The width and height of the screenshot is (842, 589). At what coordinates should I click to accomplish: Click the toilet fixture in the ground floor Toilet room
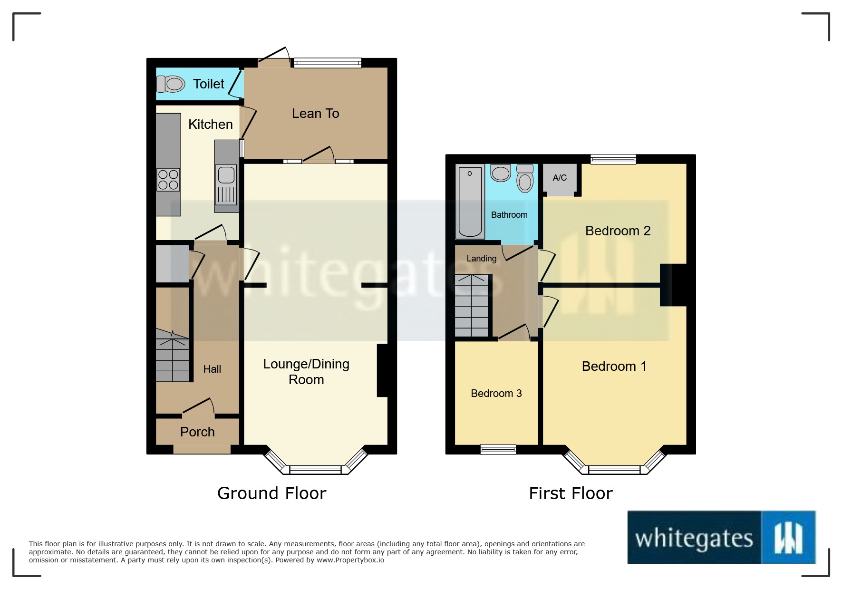[170, 85]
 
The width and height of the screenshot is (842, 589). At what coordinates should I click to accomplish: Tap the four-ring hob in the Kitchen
[168, 180]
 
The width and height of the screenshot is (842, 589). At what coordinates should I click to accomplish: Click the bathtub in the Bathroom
[470, 202]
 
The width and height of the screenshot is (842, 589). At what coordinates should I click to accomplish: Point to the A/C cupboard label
[560, 178]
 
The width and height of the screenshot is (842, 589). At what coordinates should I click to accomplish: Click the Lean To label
[315, 114]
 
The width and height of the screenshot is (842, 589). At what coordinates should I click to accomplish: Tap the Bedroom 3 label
[496, 394]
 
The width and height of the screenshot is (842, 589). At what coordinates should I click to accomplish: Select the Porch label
[197, 432]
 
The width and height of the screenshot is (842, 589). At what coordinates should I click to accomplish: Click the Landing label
[481, 259]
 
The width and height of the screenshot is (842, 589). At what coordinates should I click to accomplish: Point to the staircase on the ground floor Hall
[172, 357]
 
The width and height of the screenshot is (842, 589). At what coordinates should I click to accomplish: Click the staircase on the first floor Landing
[472, 306]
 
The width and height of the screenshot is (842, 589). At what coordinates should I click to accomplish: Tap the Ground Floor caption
[271, 493]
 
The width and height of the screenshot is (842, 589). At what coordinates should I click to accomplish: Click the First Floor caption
[571, 493]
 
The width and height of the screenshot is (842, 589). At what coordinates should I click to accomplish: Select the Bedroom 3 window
[498, 449]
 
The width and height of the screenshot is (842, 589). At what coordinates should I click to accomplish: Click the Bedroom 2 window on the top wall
[613, 159]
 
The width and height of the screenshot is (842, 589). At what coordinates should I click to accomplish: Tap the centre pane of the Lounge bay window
[315, 470]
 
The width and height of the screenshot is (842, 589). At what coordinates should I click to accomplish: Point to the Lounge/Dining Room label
[306, 372]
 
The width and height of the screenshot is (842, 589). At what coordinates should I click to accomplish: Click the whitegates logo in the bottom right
[721, 537]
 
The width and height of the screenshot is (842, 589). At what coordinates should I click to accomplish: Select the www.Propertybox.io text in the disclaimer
[349, 560]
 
